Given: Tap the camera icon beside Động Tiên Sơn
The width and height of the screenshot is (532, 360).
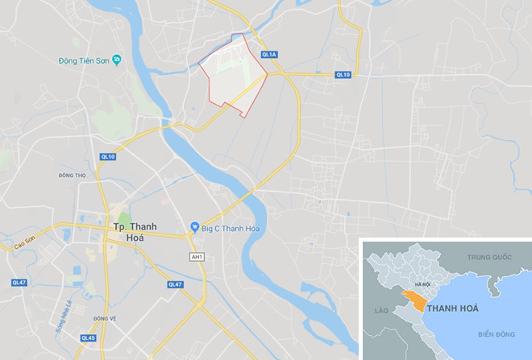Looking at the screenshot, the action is click(117, 60).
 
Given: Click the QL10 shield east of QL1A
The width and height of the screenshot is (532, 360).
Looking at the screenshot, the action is click(343, 75).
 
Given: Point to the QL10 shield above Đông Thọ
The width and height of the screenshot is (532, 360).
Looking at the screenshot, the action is click(108, 156).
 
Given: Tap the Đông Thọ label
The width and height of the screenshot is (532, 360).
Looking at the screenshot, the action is click(73, 175).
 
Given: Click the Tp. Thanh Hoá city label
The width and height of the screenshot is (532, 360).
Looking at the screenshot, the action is click(132, 228).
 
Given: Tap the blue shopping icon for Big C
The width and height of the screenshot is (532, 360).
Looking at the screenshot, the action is click(193, 228).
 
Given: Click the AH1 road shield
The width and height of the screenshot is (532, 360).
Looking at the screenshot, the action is click(196, 257).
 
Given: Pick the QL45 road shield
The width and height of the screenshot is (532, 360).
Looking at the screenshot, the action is click(88, 337).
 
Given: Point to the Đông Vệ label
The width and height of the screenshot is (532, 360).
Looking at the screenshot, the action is click(105, 318).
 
